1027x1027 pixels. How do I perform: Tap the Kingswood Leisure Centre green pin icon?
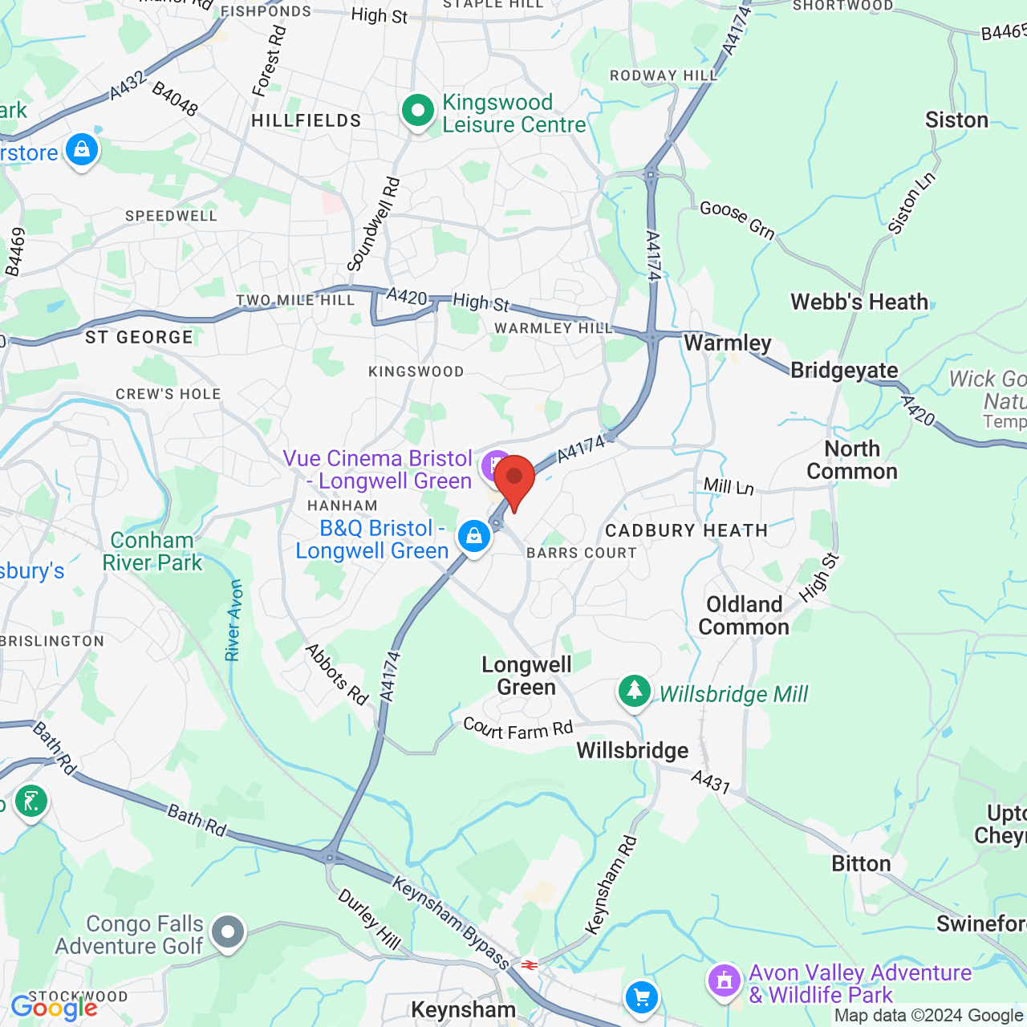417,112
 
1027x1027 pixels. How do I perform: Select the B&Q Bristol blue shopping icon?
474,536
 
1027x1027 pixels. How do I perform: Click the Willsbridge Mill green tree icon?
635,691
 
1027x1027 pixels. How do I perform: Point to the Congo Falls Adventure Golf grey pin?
229,932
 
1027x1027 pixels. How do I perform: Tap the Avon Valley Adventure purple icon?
725,980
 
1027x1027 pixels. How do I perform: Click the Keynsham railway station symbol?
529,964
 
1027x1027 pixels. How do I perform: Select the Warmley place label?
727,343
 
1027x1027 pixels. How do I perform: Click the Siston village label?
956,120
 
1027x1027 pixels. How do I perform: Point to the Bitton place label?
861,864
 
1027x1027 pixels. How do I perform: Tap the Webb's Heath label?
859,302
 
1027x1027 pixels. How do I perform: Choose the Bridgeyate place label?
844,371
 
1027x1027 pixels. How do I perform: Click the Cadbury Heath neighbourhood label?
686,530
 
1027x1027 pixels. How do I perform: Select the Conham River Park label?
152,551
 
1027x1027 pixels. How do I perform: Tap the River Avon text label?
234,620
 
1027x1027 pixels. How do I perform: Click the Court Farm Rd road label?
518,729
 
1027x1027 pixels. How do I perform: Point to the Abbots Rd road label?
337,675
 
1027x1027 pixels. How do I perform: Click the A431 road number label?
710,781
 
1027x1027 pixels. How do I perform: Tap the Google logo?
54,1008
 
